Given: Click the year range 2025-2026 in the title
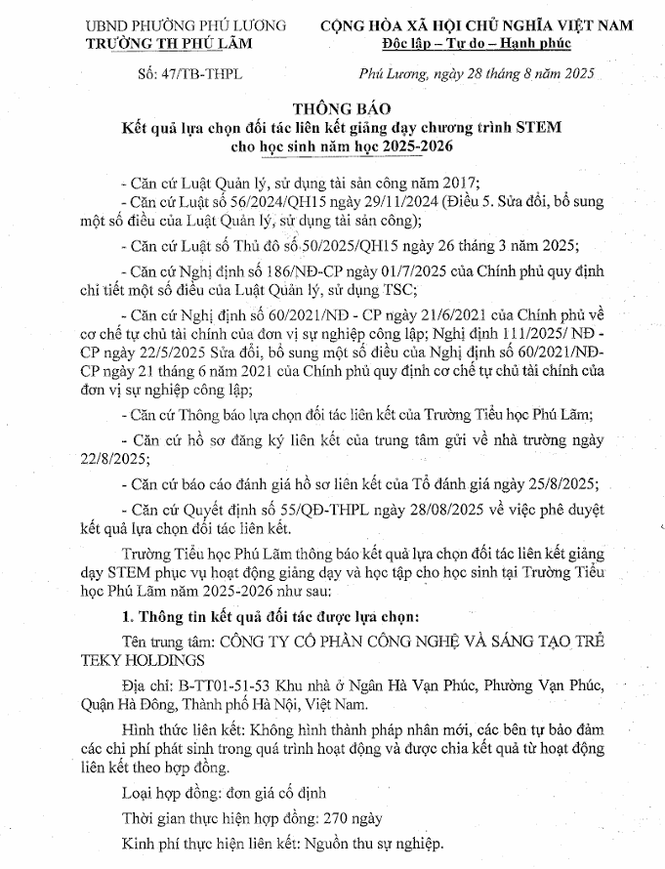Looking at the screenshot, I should coord(391,147).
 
